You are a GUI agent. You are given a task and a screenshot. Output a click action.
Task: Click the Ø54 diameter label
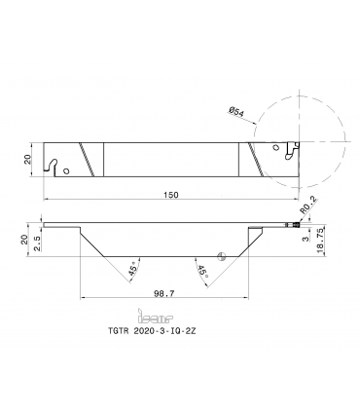[x=236, y=112]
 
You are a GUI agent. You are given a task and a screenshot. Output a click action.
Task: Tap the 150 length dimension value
[x=171, y=195]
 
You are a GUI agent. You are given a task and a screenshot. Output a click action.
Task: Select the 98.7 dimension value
[x=163, y=293]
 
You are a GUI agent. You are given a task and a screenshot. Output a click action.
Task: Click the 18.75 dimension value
[x=319, y=240]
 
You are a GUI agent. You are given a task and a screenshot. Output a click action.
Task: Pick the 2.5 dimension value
[x=37, y=243]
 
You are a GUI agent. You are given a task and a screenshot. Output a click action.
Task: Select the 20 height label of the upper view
[x=28, y=159]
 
